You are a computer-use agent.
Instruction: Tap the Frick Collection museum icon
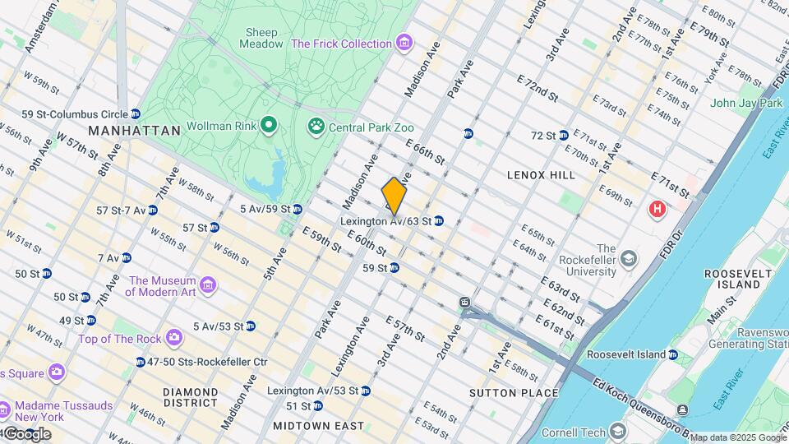(403, 43)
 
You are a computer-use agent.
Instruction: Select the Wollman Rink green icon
(268, 125)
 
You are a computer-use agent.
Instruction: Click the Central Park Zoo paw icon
(316, 127)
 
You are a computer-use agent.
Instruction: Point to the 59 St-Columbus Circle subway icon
(136, 114)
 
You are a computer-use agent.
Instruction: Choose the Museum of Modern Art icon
(208, 285)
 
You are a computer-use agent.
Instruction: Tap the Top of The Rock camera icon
(173, 337)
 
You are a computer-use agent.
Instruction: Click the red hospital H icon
(657, 210)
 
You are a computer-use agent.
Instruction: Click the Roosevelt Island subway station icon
(673, 354)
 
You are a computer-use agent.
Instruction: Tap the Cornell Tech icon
(617, 432)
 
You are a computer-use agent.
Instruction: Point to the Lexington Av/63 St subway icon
(439, 221)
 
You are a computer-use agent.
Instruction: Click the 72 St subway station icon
(564, 135)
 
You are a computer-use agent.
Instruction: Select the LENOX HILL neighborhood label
(541, 175)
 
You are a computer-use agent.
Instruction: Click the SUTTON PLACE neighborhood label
(501, 394)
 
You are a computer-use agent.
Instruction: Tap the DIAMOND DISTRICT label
(190, 398)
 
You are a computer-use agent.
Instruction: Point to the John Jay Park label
(746, 104)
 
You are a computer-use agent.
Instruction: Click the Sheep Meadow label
(262, 38)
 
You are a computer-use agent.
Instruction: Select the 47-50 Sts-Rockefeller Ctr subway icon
(141, 362)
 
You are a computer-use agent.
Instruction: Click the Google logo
(26, 433)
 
